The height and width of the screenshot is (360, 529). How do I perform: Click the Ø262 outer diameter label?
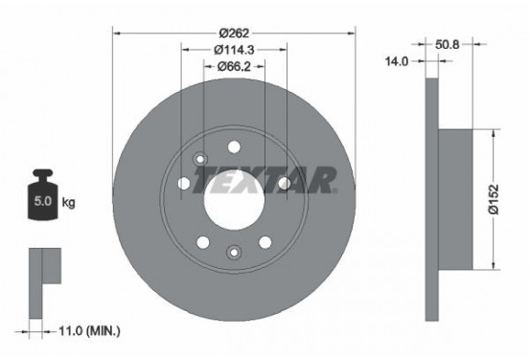[x=235, y=33]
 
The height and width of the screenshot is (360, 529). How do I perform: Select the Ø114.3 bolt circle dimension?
[x=234, y=50]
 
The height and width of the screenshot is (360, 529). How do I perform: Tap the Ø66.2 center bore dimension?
[x=235, y=66]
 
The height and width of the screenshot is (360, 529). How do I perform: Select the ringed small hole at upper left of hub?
[x=199, y=159]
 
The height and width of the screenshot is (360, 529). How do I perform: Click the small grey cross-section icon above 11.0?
[x=43, y=268]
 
